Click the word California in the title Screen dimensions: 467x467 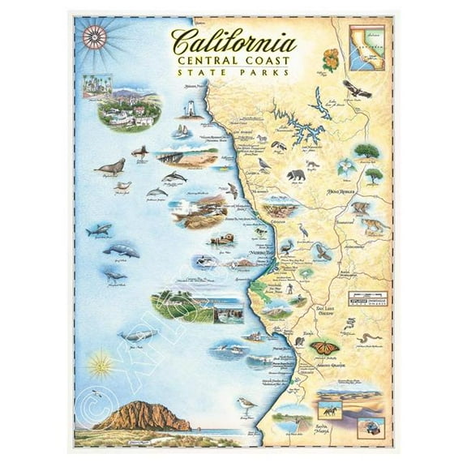click(x=233, y=41)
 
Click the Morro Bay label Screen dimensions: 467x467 click(x=266, y=252)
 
